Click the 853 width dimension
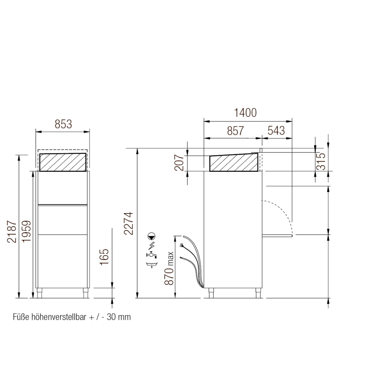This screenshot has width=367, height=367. click(x=63, y=124)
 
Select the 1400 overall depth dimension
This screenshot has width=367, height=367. click(x=245, y=113)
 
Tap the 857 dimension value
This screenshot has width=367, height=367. click(x=235, y=131)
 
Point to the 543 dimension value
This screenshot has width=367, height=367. click(x=276, y=131)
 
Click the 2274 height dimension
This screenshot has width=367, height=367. click(x=129, y=223)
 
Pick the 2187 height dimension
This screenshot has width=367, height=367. click(x=12, y=232)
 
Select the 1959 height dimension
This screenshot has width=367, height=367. click(x=26, y=232)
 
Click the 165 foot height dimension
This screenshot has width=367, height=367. click(x=104, y=257)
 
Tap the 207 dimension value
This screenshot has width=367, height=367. click(x=180, y=163)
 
